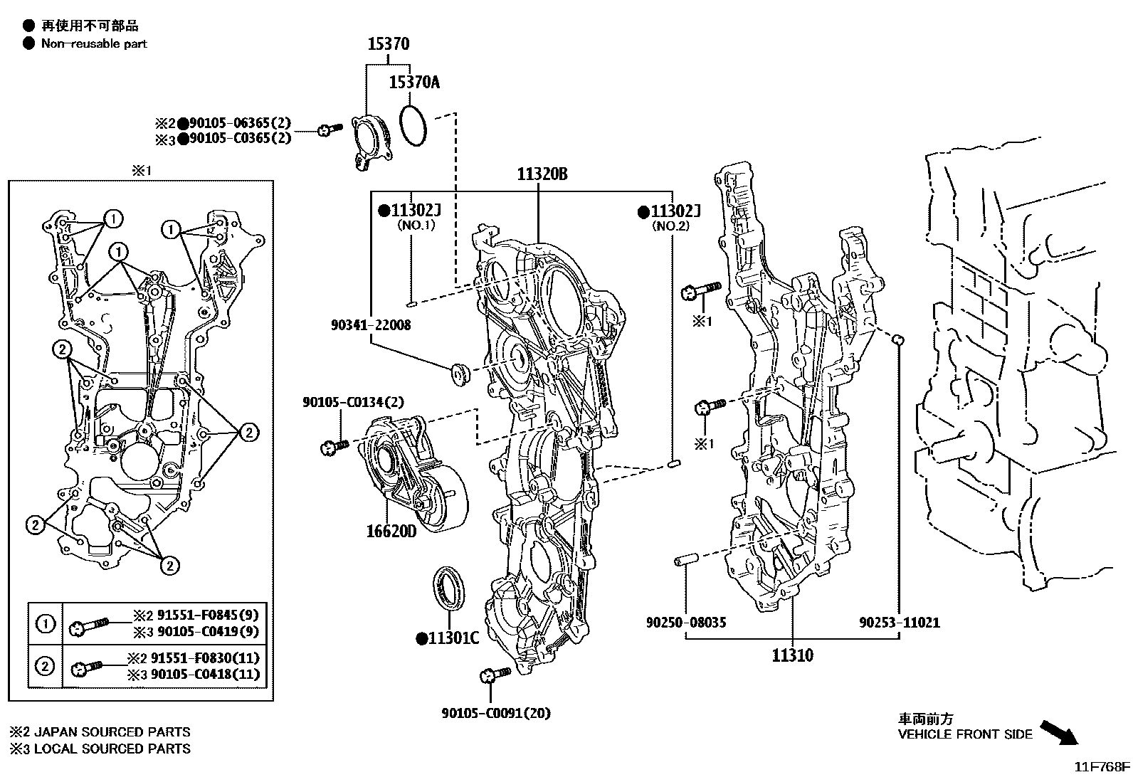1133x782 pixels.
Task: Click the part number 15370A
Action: [x=414, y=83]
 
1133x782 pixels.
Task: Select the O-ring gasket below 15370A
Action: [x=413, y=125]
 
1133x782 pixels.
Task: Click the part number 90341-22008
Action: [x=371, y=325]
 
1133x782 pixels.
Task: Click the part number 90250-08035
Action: [x=686, y=623]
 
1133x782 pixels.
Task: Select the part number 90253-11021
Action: [x=899, y=623]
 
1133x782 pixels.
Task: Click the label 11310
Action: [x=792, y=655]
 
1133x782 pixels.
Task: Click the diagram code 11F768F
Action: [x=1102, y=767]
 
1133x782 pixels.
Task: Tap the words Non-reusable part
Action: [x=93, y=43]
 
